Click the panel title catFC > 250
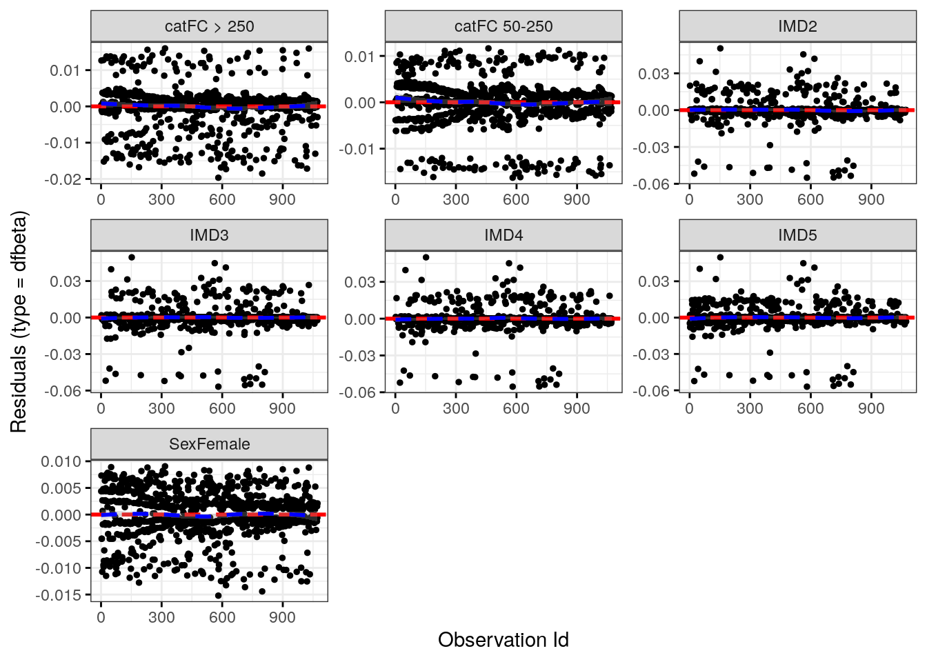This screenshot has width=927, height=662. coord(209,27)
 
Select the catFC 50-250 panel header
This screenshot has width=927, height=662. coord(504,27)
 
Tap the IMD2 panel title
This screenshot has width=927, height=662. coord(797,27)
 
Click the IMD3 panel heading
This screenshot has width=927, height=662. coord(209,235)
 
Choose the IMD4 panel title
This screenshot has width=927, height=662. coord(504,235)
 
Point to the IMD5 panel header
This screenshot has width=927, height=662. coord(797,235)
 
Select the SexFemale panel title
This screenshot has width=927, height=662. coord(209,444)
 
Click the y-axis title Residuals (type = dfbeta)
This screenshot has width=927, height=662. coord(19,321)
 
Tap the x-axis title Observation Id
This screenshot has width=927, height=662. coord(504,640)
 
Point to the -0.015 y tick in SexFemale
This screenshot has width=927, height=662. coord(59,595)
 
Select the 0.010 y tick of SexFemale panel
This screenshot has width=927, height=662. coord(61,461)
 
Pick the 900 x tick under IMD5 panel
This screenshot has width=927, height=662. coord(871,408)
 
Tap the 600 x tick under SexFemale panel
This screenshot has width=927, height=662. coord(222,617)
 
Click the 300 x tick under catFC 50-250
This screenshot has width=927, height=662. coord(456,200)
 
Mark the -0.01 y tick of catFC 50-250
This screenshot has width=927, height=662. coord(359,149)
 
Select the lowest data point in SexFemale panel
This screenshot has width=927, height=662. coord(219,596)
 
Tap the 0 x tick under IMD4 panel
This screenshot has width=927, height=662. coord(395,408)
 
